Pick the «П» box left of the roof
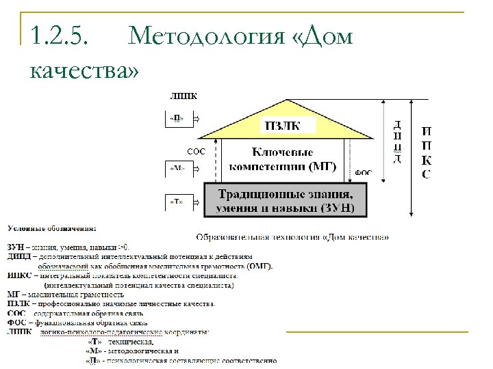[176, 118]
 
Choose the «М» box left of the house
[176, 167]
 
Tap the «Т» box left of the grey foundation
[176, 202]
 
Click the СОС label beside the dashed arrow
[196, 151]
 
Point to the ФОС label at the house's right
[364, 174]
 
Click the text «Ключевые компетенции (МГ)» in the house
[282, 159]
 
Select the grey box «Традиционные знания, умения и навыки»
[286, 200]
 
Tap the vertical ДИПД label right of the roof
[397, 142]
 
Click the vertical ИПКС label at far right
[426, 152]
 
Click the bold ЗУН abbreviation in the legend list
[15, 247]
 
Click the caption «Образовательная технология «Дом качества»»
[293, 238]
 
